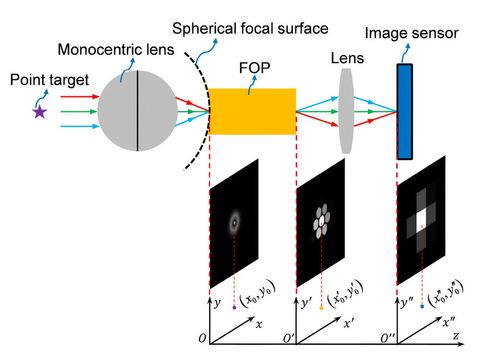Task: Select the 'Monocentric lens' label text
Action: (116, 49)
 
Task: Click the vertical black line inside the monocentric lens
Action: (137, 111)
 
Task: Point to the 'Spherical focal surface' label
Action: (250, 29)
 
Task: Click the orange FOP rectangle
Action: (252, 111)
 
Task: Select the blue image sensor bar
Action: (405, 111)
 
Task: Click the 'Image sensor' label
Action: (412, 33)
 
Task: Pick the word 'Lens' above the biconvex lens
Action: (347, 58)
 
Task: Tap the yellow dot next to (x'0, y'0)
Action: (321, 308)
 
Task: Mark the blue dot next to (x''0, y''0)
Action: (422, 307)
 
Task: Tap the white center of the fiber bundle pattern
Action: (321, 219)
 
